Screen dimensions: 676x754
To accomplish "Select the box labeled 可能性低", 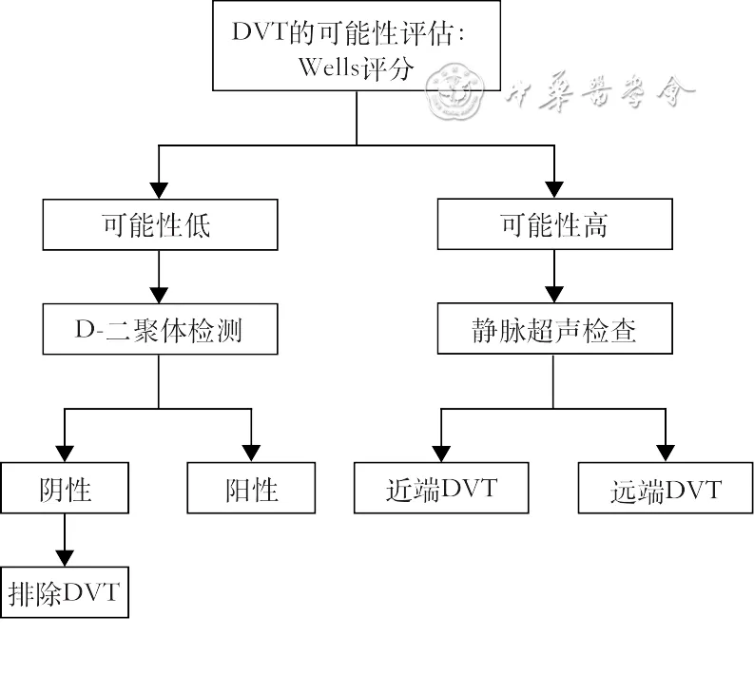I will click(159, 225).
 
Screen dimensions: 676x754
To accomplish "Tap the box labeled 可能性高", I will click(553, 225).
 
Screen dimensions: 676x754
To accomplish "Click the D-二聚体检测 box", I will click(159, 330).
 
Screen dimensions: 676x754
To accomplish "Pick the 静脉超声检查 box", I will click(553, 330).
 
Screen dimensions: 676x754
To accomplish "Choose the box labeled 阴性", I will click(65, 489).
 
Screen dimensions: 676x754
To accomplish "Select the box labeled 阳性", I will click(251, 489).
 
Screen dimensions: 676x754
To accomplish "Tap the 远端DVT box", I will click(665, 489).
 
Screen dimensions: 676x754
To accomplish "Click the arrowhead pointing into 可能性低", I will click(159, 191).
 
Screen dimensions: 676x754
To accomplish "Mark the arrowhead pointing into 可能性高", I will click(553, 191).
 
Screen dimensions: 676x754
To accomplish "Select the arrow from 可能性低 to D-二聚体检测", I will click(159, 277).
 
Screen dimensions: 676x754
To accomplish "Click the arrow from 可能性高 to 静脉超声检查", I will click(553, 277).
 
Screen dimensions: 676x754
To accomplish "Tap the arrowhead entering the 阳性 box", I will click(251, 453).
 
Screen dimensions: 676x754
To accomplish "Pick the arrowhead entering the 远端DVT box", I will click(665, 453).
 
